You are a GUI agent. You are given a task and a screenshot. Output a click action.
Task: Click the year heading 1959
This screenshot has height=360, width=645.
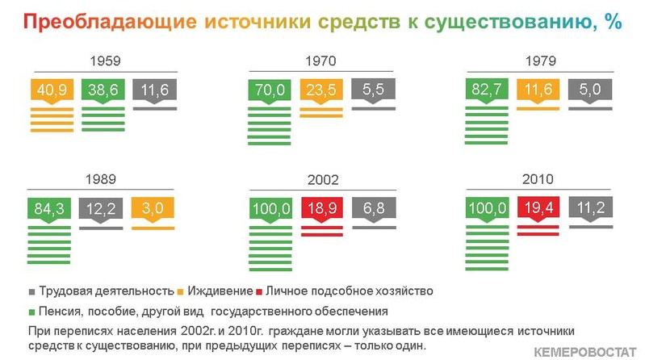pyautogui.click(x=105, y=61)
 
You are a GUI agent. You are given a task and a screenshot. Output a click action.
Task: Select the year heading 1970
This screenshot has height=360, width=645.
pyautogui.click(x=320, y=61)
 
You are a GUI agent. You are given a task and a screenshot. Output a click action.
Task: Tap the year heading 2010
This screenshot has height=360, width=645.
pyautogui.click(x=538, y=179)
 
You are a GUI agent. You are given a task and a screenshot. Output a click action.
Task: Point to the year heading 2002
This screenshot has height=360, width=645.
pyautogui.click(x=323, y=180)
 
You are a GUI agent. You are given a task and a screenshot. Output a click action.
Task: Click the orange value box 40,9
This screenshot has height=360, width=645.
pyautogui.click(x=52, y=90)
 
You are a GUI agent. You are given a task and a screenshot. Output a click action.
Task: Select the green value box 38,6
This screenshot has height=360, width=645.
pyautogui.click(x=103, y=90)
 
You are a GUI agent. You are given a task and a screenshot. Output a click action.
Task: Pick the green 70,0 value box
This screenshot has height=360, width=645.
pyautogui.click(x=270, y=90)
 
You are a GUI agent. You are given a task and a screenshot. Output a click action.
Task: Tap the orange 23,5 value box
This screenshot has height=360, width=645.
pyautogui.click(x=321, y=90)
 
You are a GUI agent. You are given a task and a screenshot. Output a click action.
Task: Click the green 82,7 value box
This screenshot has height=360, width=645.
pyautogui.click(x=486, y=90)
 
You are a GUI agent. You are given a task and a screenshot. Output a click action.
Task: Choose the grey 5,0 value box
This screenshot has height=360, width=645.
pyautogui.click(x=590, y=90)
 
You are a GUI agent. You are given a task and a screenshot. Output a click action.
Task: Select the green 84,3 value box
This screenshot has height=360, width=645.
pyautogui.click(x=49, y=208)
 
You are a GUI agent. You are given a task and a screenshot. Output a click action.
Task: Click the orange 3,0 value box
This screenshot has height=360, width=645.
pyautogui.click(x=153, y=208)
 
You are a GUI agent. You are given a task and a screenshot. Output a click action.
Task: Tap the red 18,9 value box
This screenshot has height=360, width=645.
pyautogui.click(x=322, y=208)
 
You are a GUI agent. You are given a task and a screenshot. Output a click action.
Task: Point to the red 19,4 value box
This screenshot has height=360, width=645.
pyautogui.click(x=538, y=207)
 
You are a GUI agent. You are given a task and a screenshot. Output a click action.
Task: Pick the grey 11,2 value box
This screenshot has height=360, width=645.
pyautogui.click(x=591, y=207)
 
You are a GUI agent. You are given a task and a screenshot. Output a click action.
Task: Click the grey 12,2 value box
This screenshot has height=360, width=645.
pyautogui.click(x=101, y=208)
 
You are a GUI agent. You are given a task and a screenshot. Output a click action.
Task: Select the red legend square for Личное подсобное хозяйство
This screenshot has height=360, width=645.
pyautogui.click(x=259, y=292)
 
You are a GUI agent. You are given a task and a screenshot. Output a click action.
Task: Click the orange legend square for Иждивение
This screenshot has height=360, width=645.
pyautogui.click(x=180, y=292)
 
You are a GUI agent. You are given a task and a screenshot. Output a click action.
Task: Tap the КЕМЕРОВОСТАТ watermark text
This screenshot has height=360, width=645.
pyautogui.click(x=585, y=352)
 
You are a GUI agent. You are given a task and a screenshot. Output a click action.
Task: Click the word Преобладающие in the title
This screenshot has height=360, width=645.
pyautogui.click(x=110, y=22)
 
